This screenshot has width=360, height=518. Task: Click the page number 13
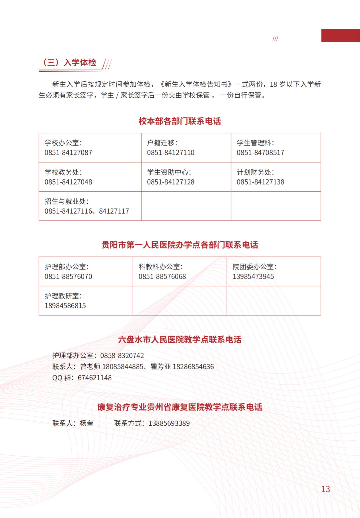[326, 489]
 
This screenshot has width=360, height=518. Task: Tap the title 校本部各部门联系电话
[180, 121]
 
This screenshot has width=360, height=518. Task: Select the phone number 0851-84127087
[68, 153]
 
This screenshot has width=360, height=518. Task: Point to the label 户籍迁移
[161, 143]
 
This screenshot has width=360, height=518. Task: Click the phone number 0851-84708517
[260, 153]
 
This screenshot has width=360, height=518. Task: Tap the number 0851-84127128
[171, 182]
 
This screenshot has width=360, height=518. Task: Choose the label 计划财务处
[254, 172]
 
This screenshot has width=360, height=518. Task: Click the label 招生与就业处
[65, 201]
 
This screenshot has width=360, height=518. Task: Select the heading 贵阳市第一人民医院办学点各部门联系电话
[180, 245]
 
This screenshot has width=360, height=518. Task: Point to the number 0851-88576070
[68, 277]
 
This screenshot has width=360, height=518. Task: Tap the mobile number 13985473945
[253, 277]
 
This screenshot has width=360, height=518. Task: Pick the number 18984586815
[65, 306]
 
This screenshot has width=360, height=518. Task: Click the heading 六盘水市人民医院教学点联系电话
[180, 340]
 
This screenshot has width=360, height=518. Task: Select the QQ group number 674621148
[95, 378]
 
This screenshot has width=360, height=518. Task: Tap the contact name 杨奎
[87, 423]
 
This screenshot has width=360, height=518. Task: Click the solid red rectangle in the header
[341, 35]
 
